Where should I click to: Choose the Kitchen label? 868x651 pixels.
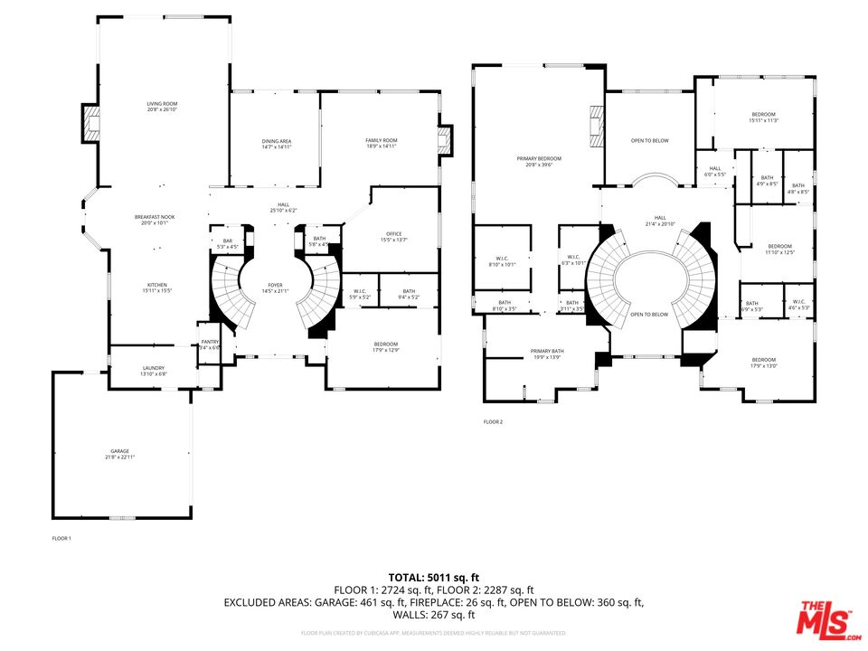156,287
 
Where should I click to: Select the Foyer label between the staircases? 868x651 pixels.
275,288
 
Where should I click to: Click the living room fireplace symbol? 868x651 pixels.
91,123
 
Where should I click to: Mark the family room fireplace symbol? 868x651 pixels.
444,138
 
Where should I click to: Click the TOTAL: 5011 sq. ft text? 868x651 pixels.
433,577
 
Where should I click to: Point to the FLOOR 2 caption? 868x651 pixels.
493,422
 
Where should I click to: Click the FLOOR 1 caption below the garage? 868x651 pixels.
61,539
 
